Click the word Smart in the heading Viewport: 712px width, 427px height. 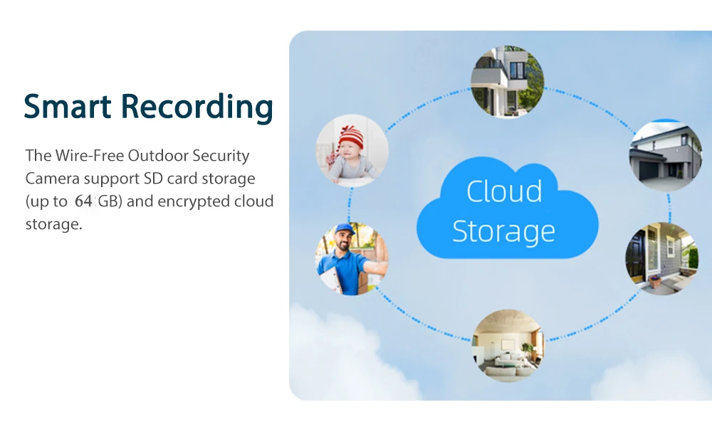coord(68,107)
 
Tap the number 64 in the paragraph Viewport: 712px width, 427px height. coord(83,201)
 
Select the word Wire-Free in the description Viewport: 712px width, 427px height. coord(85,155)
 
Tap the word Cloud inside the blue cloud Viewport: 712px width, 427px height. coord(504,191)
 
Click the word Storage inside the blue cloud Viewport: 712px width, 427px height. coord(504,231)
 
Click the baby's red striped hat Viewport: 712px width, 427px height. coord(351,135)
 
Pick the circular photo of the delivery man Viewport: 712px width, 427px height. coord(352,259)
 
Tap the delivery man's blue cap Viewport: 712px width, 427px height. coord(345,231)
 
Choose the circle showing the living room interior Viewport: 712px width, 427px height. coord(507,344)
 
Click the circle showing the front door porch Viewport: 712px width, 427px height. coord(661,258)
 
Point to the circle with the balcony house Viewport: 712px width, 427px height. coord(508,81)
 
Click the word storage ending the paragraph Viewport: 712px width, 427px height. coord(53,224)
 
